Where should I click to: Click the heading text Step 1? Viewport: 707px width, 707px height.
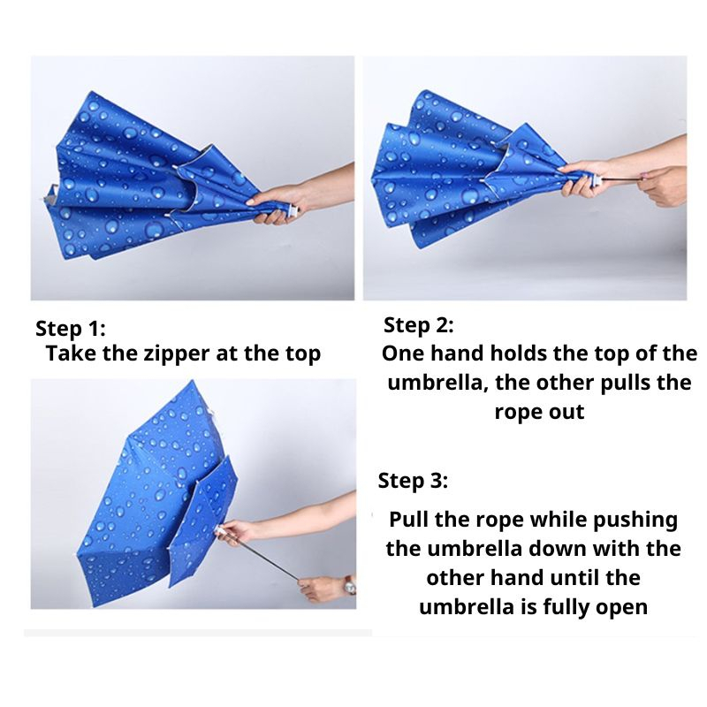click(x=71, y=328)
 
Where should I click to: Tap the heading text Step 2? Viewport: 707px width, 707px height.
click(x=418, y=324)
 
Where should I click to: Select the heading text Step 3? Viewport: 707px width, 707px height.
click(x=413, y=480)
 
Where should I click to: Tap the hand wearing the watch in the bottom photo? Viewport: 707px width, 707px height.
click(x=323, y=589)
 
